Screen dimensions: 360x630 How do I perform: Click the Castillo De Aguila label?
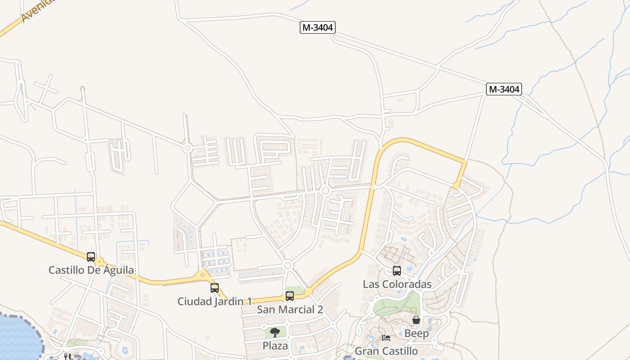pyautogui.click(x=91, y=270)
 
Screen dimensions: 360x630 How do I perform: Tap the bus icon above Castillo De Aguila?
pyautogui.click(x=91, y=257)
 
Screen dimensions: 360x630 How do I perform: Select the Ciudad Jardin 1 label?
pyautogui.click(x=214, y=301)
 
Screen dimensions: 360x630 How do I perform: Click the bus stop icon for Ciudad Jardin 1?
pyautogui.click(x=215, y=288)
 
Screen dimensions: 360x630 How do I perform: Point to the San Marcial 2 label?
pyautogui.click(x=290, y=310)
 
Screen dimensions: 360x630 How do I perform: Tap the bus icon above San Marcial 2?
pyautogui.click(x=290, y=296)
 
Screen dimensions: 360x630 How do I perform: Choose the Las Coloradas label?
pyautogui.click(x=397, y=284)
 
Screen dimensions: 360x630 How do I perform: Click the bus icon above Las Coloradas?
pyautogui.click(x=397, y=271)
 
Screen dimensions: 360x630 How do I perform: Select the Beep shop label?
pyautogui.click(x=416, y=333)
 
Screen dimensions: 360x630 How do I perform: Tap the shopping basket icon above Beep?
pyautogui.click(x=416, y=320)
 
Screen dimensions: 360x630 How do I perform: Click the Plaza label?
pyautogui.click(x=275, y=346)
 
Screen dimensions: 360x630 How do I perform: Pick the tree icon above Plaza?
pyautogui.click(x=275, y=333)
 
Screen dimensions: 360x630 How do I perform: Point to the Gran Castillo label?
pyautogui.click(x=386, y=351)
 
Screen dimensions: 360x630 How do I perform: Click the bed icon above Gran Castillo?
pyautogui.click(x=386, y=337)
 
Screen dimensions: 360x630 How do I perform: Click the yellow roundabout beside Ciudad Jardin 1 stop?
pyautogui.click(x=202, y=274)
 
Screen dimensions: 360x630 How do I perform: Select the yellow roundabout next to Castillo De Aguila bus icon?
pyautogui.click(x=100, y=262)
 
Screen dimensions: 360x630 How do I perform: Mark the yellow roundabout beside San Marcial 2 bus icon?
pyautogui.click(x=308, y=292)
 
